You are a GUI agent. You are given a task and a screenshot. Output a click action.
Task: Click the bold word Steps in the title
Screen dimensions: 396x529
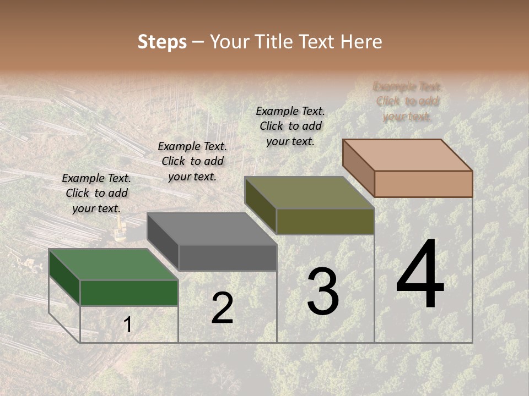[x=161, y=42]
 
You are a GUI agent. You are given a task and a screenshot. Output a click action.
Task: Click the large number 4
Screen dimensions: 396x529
[x=420, y=275]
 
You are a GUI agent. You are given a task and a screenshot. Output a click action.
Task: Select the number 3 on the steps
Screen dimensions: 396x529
[x=322, y=291]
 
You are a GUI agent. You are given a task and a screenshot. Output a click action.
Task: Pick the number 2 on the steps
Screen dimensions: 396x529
[x=222, y=308]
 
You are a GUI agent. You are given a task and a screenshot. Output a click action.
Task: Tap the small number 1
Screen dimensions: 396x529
[x=128, y=325]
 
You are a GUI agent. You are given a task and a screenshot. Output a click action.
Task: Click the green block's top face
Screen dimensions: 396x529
[x=113, y=265]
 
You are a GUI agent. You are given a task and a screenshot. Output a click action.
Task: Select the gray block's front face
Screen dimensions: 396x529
[x=228, y=258]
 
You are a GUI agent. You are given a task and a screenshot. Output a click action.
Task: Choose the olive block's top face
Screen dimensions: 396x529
[x=309, y=193]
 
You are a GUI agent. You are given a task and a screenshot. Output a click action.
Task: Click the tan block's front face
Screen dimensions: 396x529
[x=423, y=184]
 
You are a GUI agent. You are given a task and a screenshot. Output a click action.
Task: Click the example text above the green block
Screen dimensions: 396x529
[x=96, y=193]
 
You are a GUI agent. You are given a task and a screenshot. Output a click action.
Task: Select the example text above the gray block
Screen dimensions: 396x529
[x=192, y=161]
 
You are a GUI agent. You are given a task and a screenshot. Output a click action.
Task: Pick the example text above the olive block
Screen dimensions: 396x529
[x=290, y=126]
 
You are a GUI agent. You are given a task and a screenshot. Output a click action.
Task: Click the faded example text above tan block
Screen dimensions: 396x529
[x=407, y=101]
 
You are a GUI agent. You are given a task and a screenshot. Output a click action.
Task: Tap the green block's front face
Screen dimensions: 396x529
[x=129, y=293]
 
